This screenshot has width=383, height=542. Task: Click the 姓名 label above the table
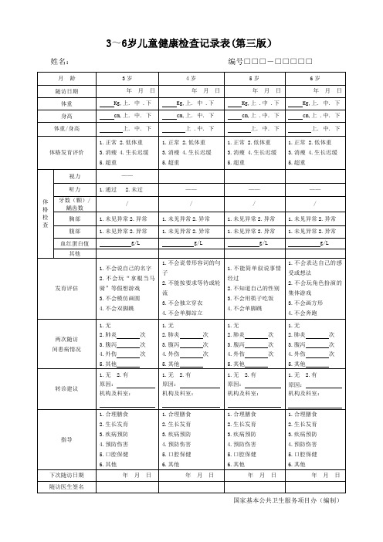59,62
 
